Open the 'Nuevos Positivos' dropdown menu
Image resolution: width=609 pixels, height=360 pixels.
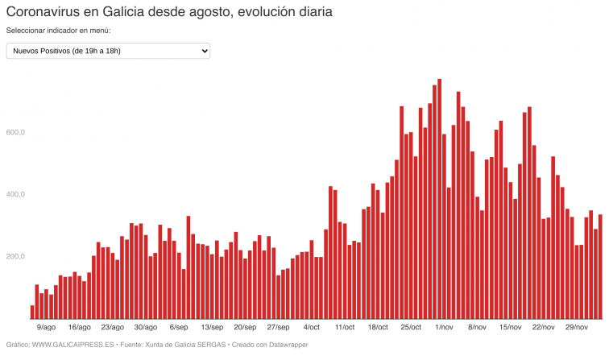pyautogui.click(x=108, y=52)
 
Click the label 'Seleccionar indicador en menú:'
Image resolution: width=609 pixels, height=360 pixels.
pyautogui.click(x=58, y=31)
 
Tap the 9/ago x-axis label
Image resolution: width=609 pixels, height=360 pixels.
pyautogui.click(x=47, y=328)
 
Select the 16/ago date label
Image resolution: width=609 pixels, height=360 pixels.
pyautogui.click(x=79, y=328)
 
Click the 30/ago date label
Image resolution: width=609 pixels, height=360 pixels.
pyautogui.click(x=145, y=328)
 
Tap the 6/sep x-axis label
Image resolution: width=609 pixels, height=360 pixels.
pyautogui.click(x=179, y=328)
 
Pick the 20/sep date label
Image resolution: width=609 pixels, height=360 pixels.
pyautogui.click(x=245, y=328)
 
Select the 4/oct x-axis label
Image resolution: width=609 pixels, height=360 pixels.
pyautogui.click(x=311, y=328)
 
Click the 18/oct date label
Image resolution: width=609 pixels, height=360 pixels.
pyautogui.click(x=378, y=328)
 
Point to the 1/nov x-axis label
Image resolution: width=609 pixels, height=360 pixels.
pyautogui.click(x=444, y=328)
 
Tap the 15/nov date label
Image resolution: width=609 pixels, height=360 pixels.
pyautogui.click(x=511, y=328)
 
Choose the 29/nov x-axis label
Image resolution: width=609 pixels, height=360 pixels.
pyautogui.click(x=577, y=328)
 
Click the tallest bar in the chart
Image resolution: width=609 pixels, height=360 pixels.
pyautogui.click(x=439, y=201)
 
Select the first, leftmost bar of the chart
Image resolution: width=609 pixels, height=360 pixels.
pyautogui.click(x=32, y=312)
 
